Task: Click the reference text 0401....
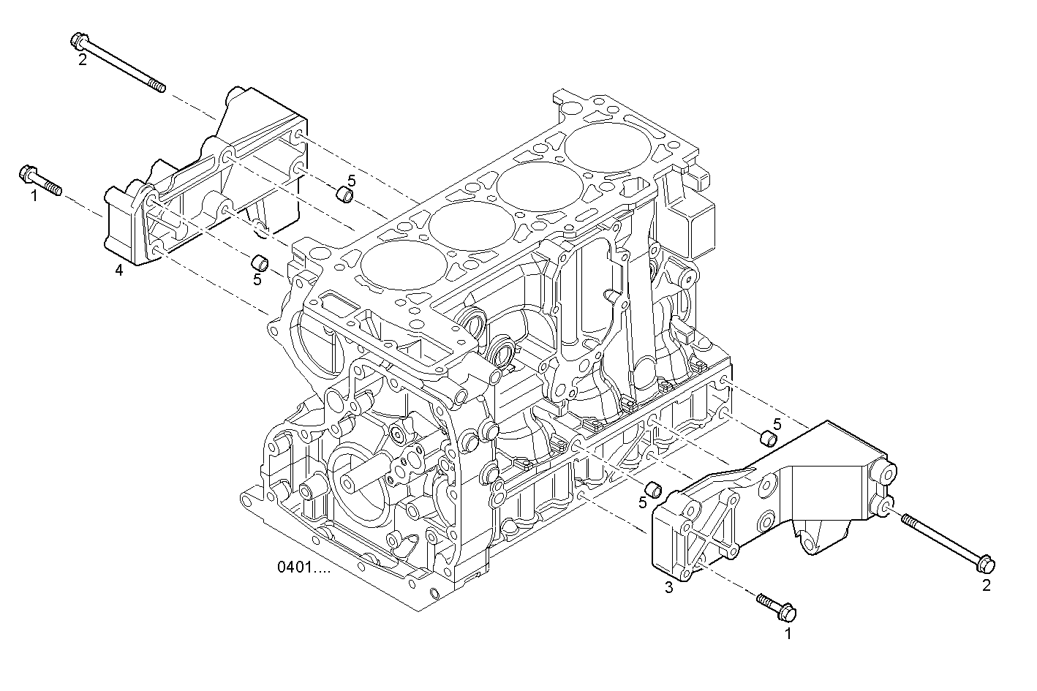pyautogui.click(x=303, y=567)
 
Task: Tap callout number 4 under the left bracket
pyautogui.click(x=119, y=271)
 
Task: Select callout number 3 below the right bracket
pyautogui.click(x=668, y=587)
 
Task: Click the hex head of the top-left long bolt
pyautogui.click(x=80, y=41)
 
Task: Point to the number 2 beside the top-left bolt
pyautogui.click(x=82, y=60)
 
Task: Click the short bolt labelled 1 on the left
pyautogui.click(x=40, y=180)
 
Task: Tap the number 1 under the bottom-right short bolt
pyautogui.click(x=788, y=634)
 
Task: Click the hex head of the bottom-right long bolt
pyautogui.click(x=984, y=564)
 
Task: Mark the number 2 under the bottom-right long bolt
pyautogui.click(x=986, y=585)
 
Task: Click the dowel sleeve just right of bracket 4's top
pyautogui.click(x=344, y=195)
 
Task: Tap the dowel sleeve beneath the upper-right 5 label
pyautogui.click(x=768, y=439)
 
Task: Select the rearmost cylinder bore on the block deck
pyautogui.click(x=608, y=146)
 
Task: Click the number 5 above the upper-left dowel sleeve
pyautogui.click(x=351, y=180)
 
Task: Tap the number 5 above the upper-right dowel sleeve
pyautogui.click(x=777, y=423)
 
